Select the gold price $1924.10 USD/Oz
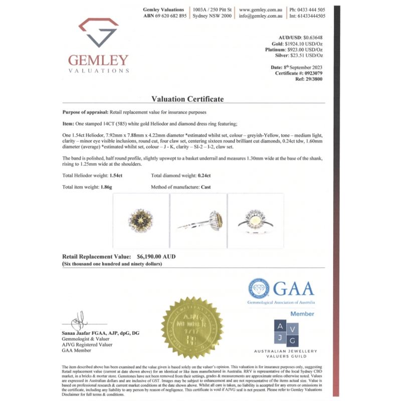click(305, 44)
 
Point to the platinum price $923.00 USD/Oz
click(304, 51)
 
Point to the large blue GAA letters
click(293, 289)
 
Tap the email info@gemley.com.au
click(261, 16)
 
